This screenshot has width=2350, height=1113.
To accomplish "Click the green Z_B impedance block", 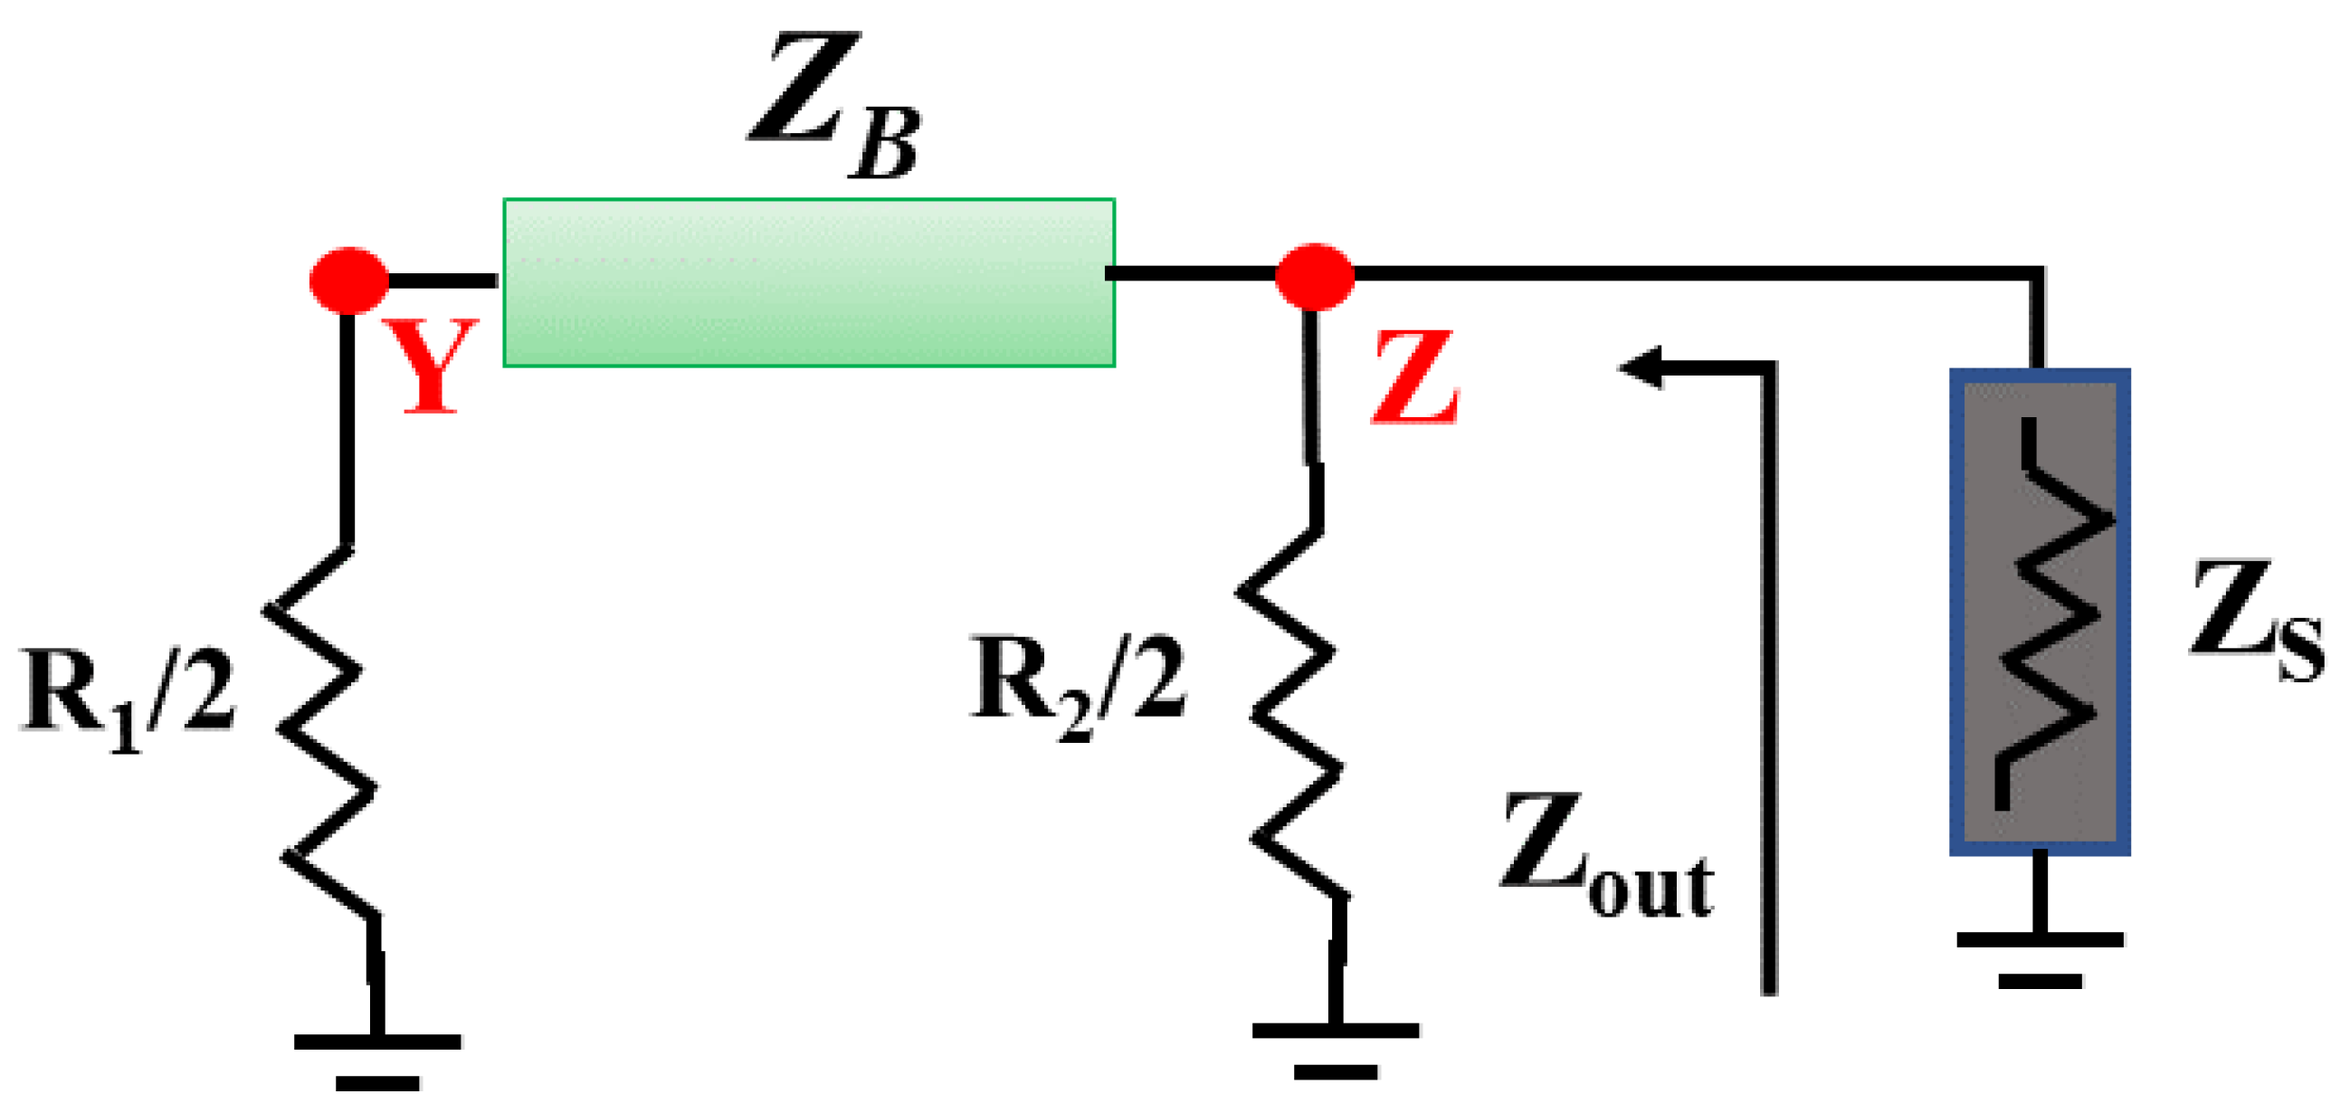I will coord(808,283).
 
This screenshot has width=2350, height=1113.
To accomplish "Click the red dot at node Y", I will coord(348,281).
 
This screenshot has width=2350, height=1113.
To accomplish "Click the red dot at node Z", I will coord(1314,276).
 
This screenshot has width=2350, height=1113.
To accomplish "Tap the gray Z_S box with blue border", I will coord(2040,611).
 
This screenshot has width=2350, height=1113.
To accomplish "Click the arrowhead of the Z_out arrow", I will coord(1642,367).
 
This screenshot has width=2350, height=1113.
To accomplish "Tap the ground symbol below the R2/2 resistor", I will coord(1336,1049).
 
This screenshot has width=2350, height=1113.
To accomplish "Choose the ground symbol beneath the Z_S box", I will coord(2040,958).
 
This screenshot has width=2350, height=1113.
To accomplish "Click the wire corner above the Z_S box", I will coord(2036,273).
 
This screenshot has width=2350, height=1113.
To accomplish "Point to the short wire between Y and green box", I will coord(443,281).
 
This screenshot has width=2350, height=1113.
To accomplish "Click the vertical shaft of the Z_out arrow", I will coord(1769,684).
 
